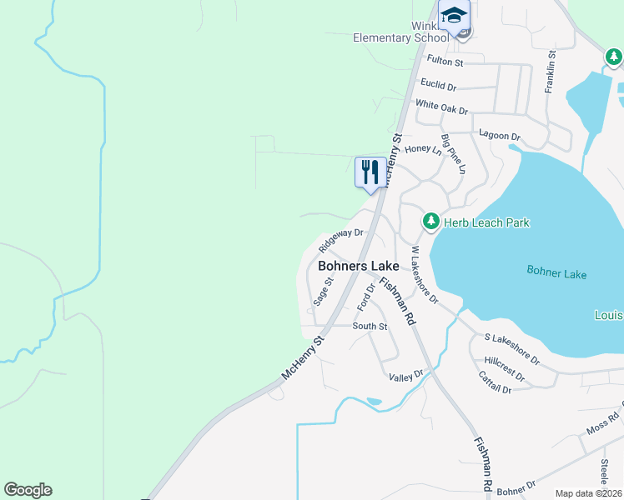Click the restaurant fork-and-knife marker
click(370, 172)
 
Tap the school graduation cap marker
click(454, 16)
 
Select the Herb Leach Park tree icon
click(430, 222)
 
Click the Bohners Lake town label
click(359, 266)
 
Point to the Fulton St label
click(445, 62)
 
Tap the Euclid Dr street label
click(439, 86)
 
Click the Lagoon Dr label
click(500, 136)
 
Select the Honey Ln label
click(422, 149)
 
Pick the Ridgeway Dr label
click(341, 241)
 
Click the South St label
click(370, 326)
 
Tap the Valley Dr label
click(406, 377)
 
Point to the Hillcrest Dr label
click(505, 369)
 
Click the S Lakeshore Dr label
click(512, 349)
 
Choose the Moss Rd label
click(602, 422)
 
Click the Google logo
click(28, 490)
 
